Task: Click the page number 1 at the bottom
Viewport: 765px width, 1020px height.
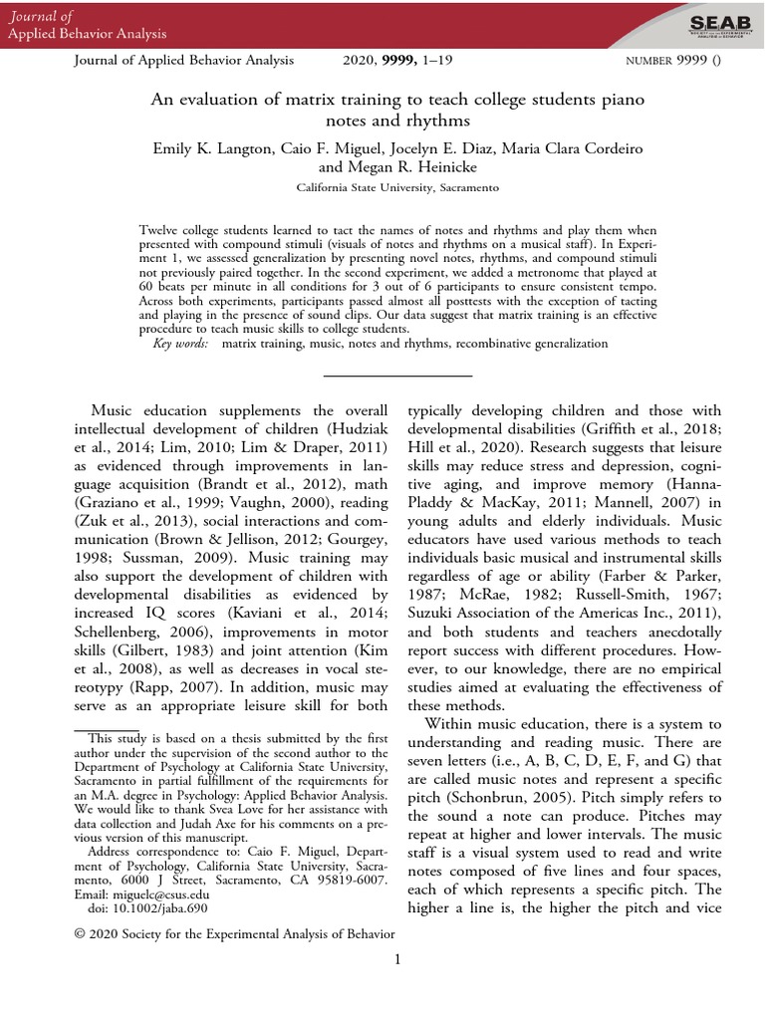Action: pos(396,959)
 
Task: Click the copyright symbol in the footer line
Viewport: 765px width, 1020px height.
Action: pos(81,934)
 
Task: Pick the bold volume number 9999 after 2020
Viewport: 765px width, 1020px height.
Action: pos(395,61)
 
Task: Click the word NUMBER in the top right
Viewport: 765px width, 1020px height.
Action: pos(650,62)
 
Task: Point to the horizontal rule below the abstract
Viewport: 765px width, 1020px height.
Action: pos(397,376)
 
